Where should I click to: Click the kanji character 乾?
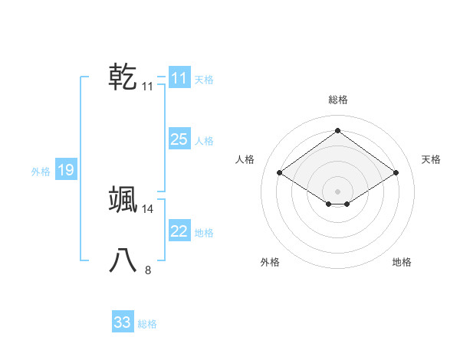(x=123, y=77)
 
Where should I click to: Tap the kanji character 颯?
(x=123, y=199)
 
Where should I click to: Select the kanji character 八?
(x=123, y=260)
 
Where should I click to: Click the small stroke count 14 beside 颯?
(x=148, y=208)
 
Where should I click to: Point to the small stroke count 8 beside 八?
(x=148, y=270)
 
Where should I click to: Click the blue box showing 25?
(x=179, y=139)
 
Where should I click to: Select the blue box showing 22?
(x=179, y=231)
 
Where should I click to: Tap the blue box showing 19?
(x=66, y=171)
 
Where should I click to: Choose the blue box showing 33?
(x=123, y=322)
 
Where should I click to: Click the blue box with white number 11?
(x=179, y=78)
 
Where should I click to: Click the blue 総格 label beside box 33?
(x=147, y=324)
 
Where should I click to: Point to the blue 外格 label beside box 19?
(x=41, y=172)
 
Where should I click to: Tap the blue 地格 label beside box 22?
(x=205, y=233)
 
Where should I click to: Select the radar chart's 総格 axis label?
(x=337, y=100)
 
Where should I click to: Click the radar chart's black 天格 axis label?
(x=432, y=159)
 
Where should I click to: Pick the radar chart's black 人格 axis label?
(x=245, y=159)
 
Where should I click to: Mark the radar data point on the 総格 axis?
(x=337, y=130)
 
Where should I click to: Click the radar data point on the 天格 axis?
(x=396, y=173)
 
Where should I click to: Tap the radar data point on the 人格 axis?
(x=280, y=173)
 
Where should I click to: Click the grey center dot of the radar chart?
(x=337, y=191)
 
